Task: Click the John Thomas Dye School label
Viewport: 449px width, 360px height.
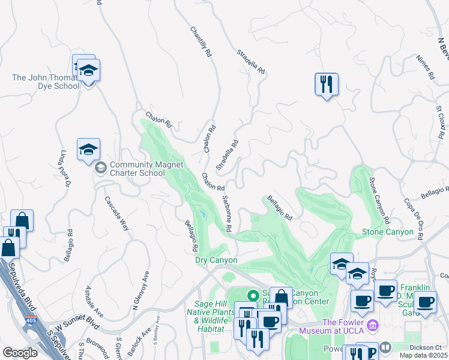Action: [x=46, y=82]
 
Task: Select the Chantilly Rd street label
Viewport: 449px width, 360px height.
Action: [x=201, y=41]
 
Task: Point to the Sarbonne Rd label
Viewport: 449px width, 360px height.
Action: [x=227, y=214]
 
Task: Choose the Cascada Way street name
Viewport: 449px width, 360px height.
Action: [x=116, y=213]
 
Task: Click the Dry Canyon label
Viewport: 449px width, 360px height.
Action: [x=217, y=260]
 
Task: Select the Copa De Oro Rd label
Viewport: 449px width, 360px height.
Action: [x=415, y=214]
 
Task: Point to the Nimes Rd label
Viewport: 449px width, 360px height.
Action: [x=424, y=68]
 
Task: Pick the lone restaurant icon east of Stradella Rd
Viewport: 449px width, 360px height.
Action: [x=326, y=84]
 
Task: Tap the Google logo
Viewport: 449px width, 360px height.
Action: [x=20, y=353]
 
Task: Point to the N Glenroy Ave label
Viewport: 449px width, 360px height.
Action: [x=140, y=291]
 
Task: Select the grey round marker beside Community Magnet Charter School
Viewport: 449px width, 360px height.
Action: [x=101, y=166]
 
